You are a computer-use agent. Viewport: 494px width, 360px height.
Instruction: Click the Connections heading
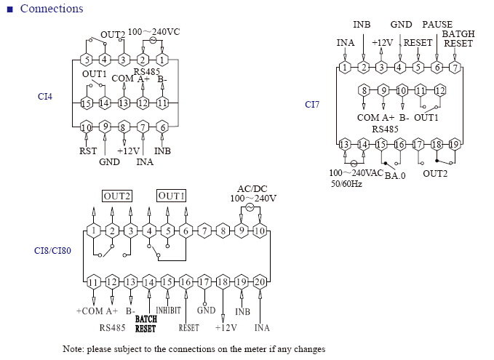coord(52,9)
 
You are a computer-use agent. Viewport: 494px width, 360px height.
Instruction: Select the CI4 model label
coord(44,97)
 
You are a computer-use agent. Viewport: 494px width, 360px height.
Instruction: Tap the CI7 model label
coord(312,104)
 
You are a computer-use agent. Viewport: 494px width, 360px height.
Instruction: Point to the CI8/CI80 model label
coord(52,251)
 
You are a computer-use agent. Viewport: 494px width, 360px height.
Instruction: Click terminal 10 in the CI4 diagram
coord(86,127)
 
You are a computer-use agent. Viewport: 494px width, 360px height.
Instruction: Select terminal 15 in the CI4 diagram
coord(86,103)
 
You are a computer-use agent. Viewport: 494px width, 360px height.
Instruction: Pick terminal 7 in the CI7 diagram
coord(455,67)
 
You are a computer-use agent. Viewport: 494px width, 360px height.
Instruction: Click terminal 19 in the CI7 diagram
coord(454,145)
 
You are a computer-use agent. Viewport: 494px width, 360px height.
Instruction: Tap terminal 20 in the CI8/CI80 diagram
coord(260,282)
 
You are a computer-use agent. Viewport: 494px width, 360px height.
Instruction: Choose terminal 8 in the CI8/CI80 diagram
coord(223,231)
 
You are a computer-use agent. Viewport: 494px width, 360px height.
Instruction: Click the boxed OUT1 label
coord(171,196)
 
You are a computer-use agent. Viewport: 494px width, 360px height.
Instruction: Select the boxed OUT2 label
coord(117,196)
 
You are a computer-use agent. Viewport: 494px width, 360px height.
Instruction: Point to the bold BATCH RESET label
coord(146,324)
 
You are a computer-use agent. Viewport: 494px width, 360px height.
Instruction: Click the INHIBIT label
coord(169,311)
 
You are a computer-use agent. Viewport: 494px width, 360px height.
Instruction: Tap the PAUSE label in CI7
coord(437,24)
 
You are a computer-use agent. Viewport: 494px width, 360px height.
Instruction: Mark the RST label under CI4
coord(88,151)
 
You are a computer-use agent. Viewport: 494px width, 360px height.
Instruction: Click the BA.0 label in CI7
coord(395,175)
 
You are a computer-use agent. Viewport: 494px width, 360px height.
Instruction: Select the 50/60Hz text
coord(346,184)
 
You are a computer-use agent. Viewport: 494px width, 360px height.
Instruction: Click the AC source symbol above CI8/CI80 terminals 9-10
coord(250,207)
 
